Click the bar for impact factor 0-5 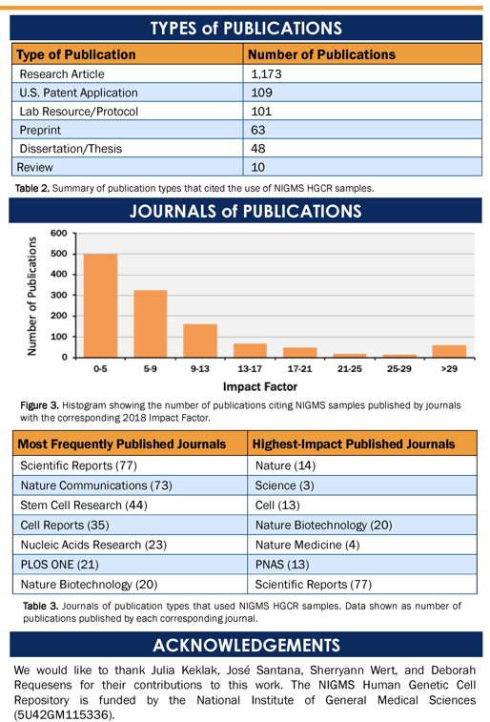(x=100, y=305)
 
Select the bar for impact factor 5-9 (x=150, y=323)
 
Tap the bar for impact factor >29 (x=449, y=351)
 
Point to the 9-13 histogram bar (x=200, y=340)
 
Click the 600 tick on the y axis (x=59, y=233)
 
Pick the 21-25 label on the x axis (x=350, y=369)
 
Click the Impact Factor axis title (x=260, y=387)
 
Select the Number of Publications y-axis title (x=31, y=296)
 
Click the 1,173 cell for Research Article (x=266, y=74)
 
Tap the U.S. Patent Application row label (x=78, y=93)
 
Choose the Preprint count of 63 (x=258, y=131)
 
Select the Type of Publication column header (x=76, y=54)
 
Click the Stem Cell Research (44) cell (x=84, y=505)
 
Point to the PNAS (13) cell (x=282, y=565)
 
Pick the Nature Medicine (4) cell (x=307, y=546)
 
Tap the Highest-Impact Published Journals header (x=354, y=444)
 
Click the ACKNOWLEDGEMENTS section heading (x=247, y=645)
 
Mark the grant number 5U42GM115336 (x=64, y=715)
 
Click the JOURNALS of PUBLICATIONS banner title (x=245, y=212)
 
